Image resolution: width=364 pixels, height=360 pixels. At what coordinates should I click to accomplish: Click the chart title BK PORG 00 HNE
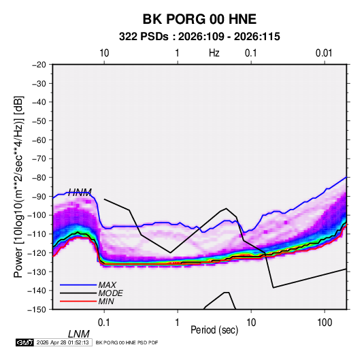(199, 19)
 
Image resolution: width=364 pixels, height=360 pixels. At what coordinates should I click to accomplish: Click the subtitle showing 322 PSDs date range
(199, 37)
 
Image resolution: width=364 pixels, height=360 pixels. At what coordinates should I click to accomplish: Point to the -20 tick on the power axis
(39, 65)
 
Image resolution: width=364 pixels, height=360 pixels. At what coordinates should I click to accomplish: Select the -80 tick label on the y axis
(39, 178)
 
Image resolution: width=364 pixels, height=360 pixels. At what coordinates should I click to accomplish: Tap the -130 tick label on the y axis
(37, 272)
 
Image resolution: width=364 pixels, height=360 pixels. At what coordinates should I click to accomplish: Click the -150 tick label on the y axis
(37, 310)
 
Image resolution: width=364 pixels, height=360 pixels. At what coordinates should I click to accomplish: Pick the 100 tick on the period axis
(325, 323)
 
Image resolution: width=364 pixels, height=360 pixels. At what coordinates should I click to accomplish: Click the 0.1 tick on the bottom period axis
(104, 323)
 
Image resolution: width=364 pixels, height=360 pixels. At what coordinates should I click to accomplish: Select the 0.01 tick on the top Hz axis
(324, 53)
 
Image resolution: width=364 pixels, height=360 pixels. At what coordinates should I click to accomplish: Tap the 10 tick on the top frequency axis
(104, 53)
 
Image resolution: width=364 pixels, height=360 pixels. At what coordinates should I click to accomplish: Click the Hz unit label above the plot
(214, 53)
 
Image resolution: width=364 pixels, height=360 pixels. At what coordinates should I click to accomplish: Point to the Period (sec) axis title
(214, 330)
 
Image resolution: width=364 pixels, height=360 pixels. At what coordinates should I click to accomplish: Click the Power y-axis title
(18, 186)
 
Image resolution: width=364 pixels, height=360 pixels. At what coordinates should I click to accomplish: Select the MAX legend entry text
(107, 285)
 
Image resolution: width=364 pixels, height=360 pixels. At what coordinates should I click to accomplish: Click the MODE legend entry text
(110, 293)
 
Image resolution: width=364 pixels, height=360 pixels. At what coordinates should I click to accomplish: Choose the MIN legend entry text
(106, 301)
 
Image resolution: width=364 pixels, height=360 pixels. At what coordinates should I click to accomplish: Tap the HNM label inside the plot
(80, 193)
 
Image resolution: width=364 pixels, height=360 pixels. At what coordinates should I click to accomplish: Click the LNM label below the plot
(79, 334)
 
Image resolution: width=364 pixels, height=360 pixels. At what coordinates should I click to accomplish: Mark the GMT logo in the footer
(25, 342)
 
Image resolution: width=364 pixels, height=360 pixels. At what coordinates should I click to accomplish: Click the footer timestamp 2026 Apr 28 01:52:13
(63, 342)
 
